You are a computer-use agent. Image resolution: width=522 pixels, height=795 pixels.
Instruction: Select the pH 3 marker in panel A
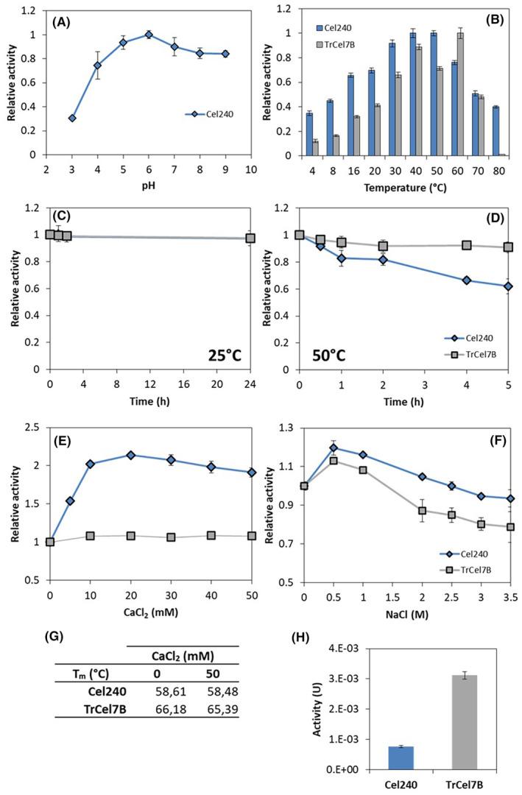(72, 118)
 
